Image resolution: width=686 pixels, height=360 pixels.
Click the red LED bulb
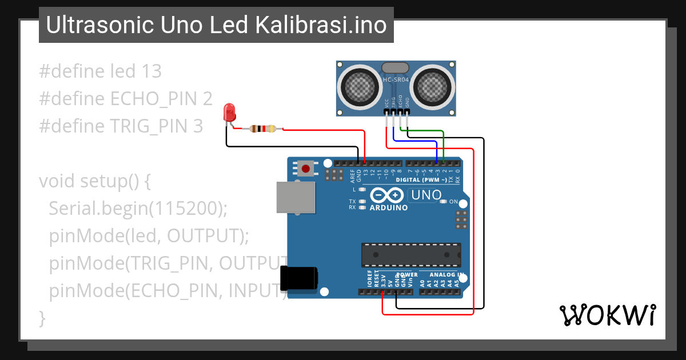click(230, 111)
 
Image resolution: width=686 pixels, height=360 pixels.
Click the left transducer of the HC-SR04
click(361, 87)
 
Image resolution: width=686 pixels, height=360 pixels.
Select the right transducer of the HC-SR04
click(433, 87)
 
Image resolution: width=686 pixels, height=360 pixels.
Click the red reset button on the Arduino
click(306, 169)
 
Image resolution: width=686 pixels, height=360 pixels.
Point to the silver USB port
click(295, 198)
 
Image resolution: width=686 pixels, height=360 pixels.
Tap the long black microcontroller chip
click(410, 254)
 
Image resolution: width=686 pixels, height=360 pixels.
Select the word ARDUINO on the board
click(389, 208)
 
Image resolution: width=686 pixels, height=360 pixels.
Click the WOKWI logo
click(607, 315)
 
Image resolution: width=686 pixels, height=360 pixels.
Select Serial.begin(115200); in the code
click(138, 209)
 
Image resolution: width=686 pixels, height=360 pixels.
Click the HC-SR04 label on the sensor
click(395, 80)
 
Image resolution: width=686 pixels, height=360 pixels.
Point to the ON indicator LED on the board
click(443, 202)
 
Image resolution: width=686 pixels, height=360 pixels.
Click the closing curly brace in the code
click(42, 318)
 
